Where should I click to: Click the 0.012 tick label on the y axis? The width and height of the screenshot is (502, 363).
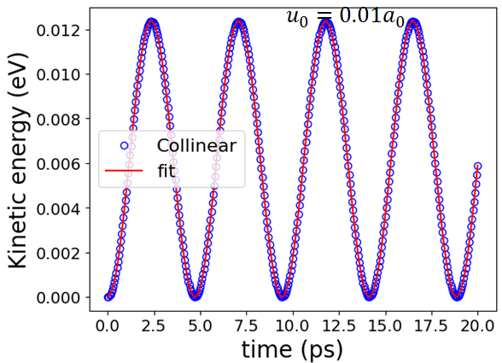click(x=58, y=31)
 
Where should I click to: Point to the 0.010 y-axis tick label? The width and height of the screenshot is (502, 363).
click(x=58, y=75)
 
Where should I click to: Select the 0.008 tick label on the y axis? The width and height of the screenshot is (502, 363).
click(x=58, y=120)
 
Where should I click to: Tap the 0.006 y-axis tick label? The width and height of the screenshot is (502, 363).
click(x=58, y=164)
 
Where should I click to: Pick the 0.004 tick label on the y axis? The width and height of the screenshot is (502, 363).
click(x=58, y=209)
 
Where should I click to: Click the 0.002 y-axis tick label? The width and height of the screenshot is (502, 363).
click(x=58, y=254)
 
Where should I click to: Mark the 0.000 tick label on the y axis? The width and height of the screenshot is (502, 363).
click(x=58, y=298)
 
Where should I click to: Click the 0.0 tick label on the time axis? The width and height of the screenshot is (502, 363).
click(x=108, y=326)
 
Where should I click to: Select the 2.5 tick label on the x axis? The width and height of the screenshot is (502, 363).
click(x=154, y=326)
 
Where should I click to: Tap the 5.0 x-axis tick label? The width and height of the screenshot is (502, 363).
click(x=201, y=326)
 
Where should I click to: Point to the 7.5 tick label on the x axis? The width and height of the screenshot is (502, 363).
click(x=247, y=326)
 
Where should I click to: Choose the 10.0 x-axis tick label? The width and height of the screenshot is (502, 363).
click(x=293, y=326)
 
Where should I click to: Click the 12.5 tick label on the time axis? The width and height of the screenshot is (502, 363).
click(x=339, y=326)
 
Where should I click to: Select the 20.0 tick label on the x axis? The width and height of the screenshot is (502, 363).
click(x=478, y=326)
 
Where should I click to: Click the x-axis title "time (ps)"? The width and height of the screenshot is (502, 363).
click(x=292, y=350)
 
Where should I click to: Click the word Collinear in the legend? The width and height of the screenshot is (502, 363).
click(x=196, y=146)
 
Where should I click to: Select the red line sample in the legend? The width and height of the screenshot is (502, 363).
click(x=124, y=171)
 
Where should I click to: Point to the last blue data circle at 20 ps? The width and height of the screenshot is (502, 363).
click(x=478, y=166)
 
